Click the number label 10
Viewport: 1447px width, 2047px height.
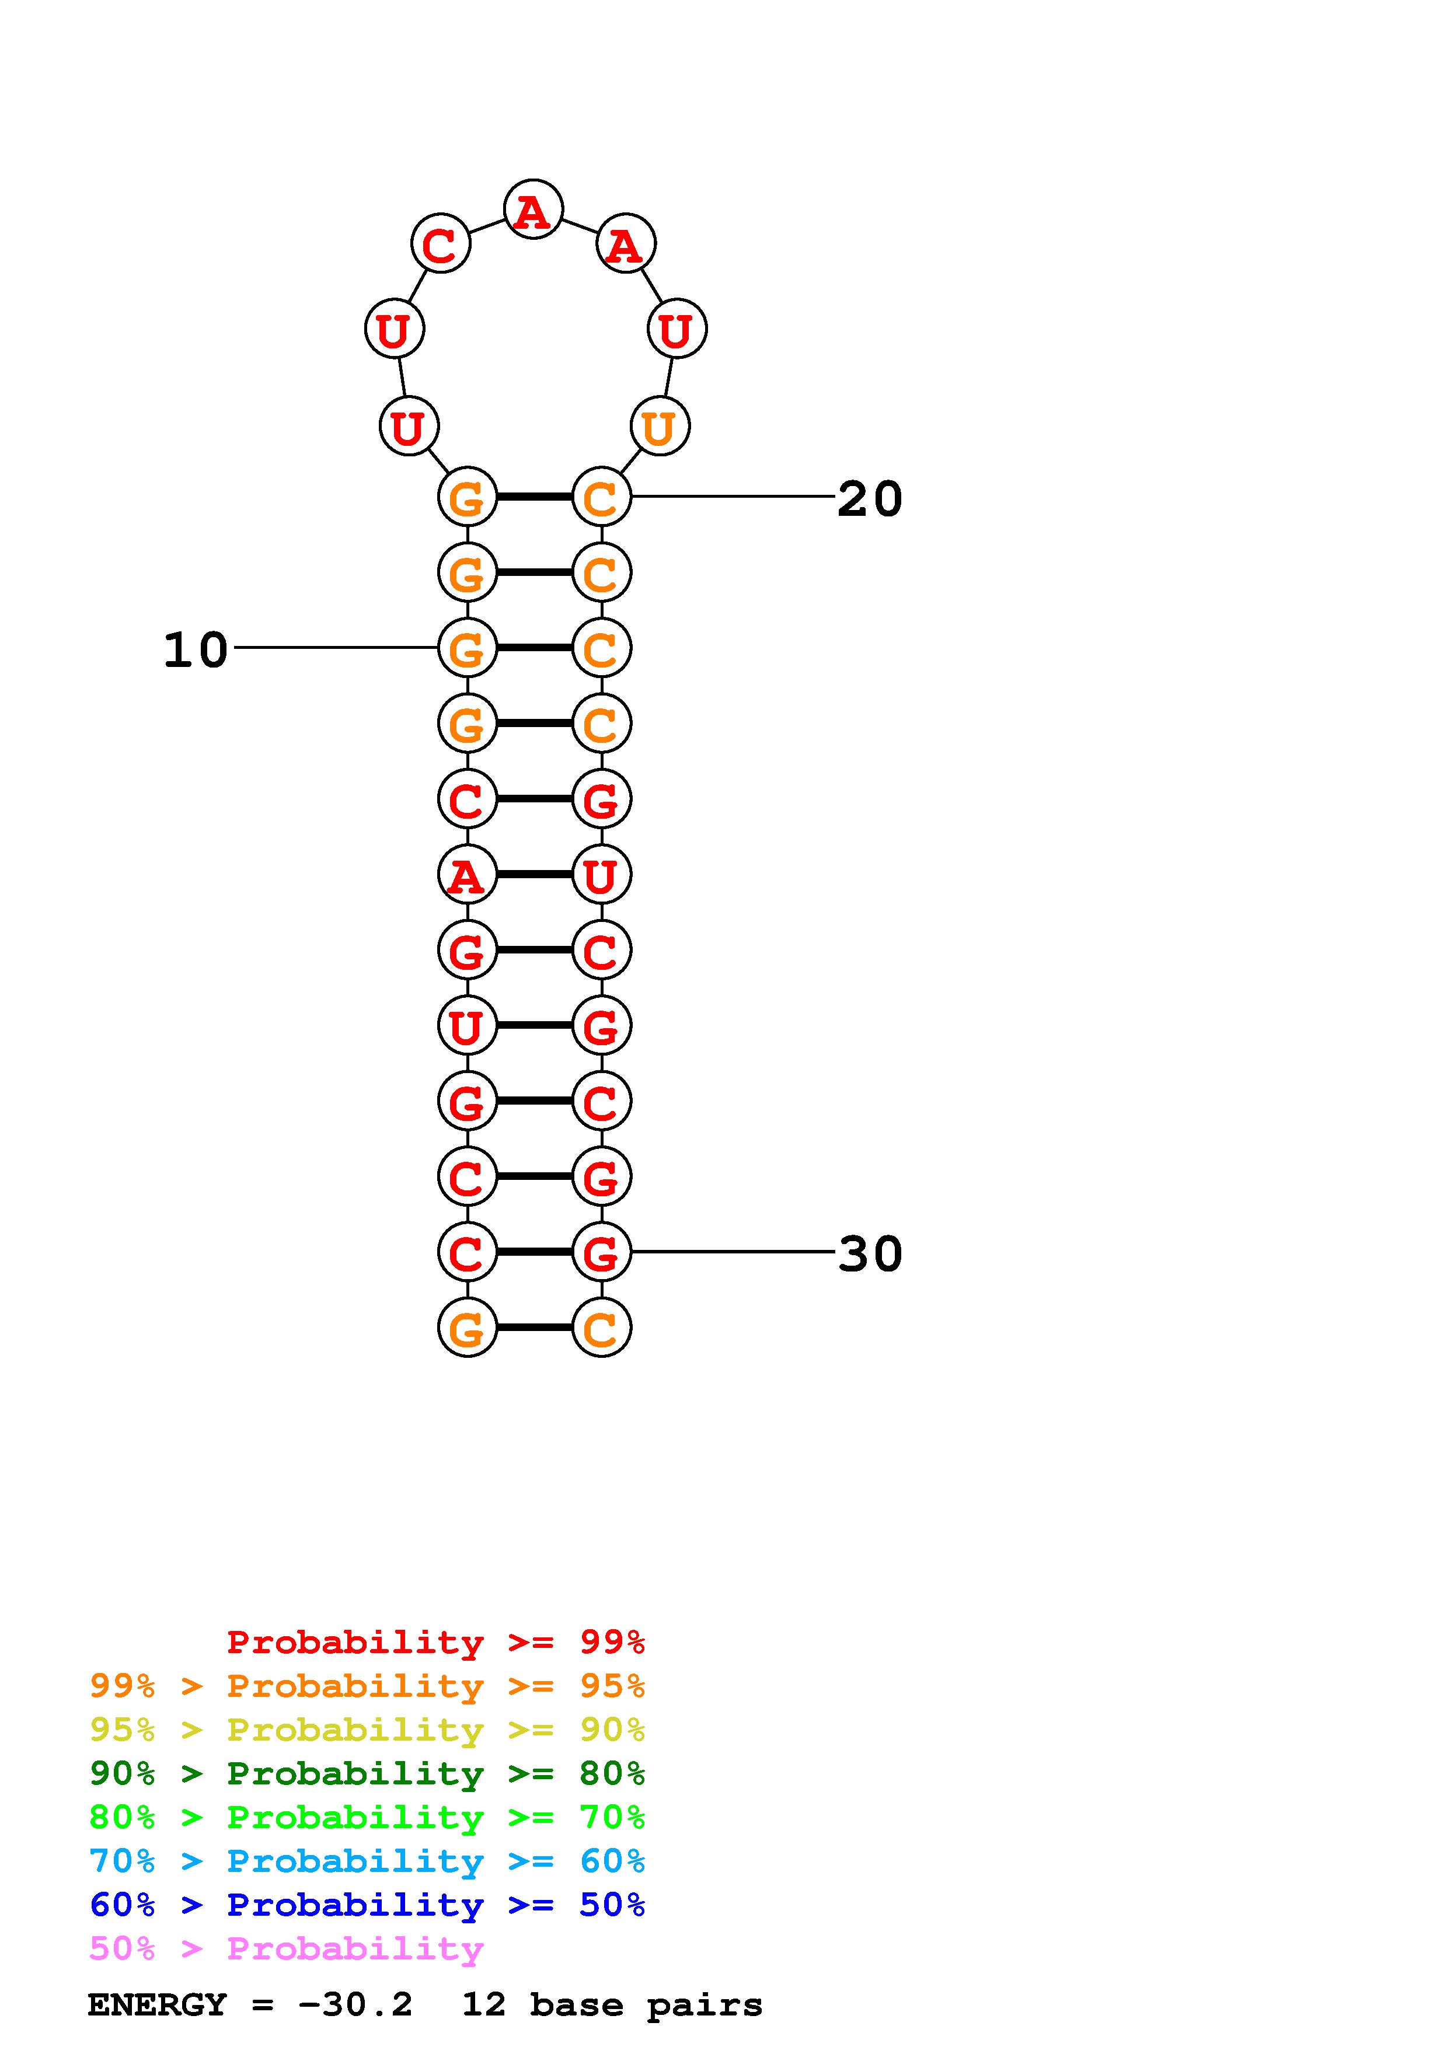(196, 650)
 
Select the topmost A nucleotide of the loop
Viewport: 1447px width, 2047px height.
(533, 211)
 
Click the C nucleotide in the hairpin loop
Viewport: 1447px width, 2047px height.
(440, 243)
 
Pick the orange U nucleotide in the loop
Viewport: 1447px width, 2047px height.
(659, 427)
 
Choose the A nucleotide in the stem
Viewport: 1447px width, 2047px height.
(466, 875)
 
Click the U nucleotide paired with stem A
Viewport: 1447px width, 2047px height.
(601, 875)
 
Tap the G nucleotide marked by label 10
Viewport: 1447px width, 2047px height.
(466, 648)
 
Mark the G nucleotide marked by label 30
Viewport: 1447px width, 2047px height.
(601, 1253)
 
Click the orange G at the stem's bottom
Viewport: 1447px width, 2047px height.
(466, 1329)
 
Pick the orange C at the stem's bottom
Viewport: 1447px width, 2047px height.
(601, 1329)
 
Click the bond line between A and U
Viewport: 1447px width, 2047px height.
(533, 875)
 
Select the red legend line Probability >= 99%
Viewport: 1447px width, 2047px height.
(435, 1642)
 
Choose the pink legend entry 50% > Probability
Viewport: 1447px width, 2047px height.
(286, 1949)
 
